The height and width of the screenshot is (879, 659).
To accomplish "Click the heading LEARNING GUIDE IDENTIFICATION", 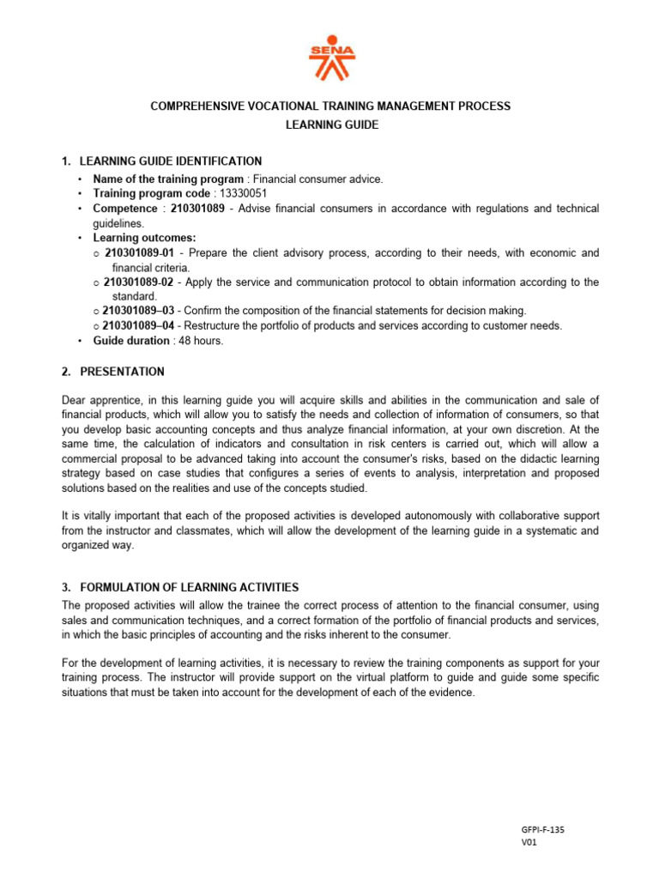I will coord(171,161).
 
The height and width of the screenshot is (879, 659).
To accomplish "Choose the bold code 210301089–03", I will coord(137,311).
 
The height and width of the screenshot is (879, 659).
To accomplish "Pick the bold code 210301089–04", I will coord(137,325).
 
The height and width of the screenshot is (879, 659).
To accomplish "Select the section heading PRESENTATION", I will coord(122,372).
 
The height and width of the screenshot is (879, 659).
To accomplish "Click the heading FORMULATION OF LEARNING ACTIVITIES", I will coord(189,587).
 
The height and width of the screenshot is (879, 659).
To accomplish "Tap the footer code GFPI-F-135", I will coord(543,830).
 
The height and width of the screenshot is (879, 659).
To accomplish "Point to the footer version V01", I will coord(529,843).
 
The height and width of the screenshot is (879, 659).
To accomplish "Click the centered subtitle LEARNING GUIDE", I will coord(330,125).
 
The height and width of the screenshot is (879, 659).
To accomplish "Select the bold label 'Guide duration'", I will coord(130,341).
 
